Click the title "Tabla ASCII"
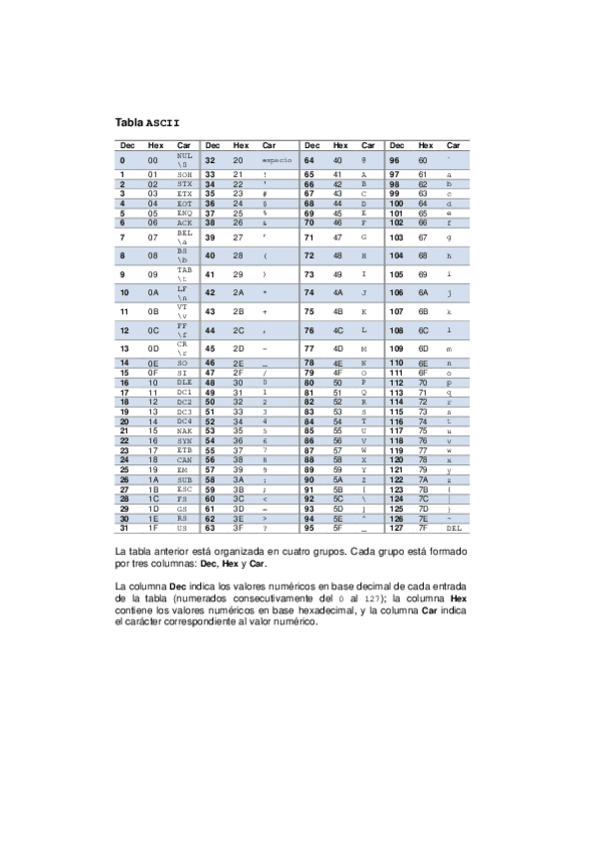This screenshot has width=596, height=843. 148,123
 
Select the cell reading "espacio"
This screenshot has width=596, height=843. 277,159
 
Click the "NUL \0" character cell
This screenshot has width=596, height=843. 184,159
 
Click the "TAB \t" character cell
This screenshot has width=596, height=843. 184,273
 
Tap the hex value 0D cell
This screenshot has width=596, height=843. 153,349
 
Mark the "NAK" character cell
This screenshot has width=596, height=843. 183,429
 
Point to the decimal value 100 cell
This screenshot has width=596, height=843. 395,203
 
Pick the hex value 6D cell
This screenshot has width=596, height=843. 423,349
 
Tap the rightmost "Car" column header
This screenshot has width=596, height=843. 454,145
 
